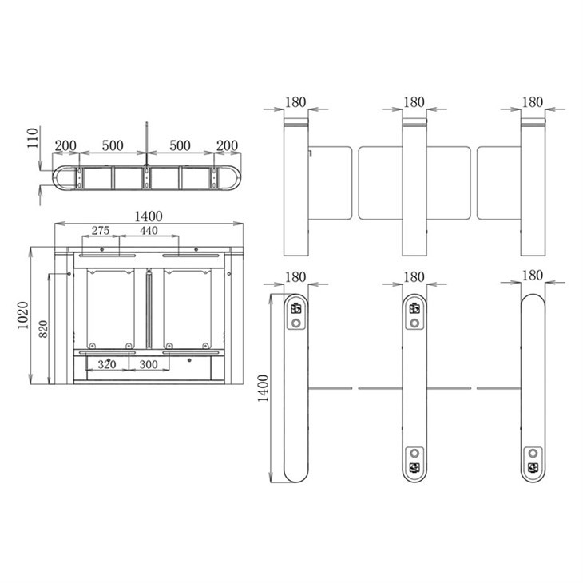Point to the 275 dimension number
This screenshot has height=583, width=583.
click(x=100, y=231)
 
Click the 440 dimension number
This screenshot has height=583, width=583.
click(x=149, y=231)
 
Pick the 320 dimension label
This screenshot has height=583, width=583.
click(x=108, y=363)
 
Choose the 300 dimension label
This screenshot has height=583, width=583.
click(x=148, y=363)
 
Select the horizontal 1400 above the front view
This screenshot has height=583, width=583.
click(x=149, y=216)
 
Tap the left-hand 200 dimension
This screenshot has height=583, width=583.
click(x=65, y=145)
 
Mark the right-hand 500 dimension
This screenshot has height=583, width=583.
click(x=180, y=145)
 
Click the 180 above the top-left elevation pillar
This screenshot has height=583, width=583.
click(x=295, y=102)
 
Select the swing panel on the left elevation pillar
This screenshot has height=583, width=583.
click(x=330, y=182)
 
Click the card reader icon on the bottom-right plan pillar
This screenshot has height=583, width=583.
click(x=532, y=467)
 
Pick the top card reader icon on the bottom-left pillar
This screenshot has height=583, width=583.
click(x=296, y=307)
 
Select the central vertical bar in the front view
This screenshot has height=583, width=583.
click(x=149, y=307)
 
